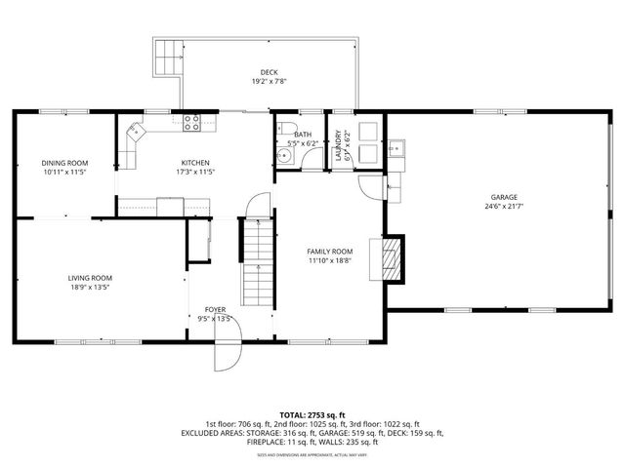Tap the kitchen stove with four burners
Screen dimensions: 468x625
(193, 123)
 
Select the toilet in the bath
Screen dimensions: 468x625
(285, 129)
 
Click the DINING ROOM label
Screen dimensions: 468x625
(64, 162)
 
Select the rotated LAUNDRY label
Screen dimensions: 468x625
(339, 145)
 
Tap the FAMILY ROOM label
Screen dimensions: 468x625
(330, 252)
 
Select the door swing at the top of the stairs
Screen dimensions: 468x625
(256, 206)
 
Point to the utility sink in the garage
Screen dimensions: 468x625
(397, 149)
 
